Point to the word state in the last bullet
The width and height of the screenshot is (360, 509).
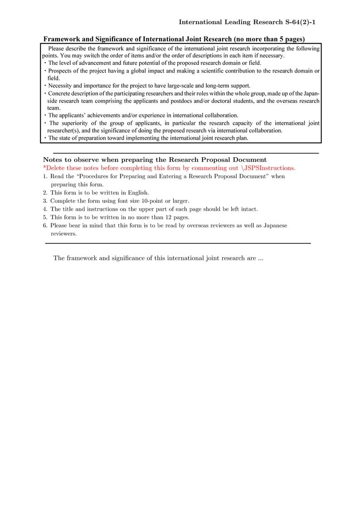[66, 138]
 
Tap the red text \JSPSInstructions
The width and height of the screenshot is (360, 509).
[268, 168]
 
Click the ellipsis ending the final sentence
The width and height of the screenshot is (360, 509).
[261, 258]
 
